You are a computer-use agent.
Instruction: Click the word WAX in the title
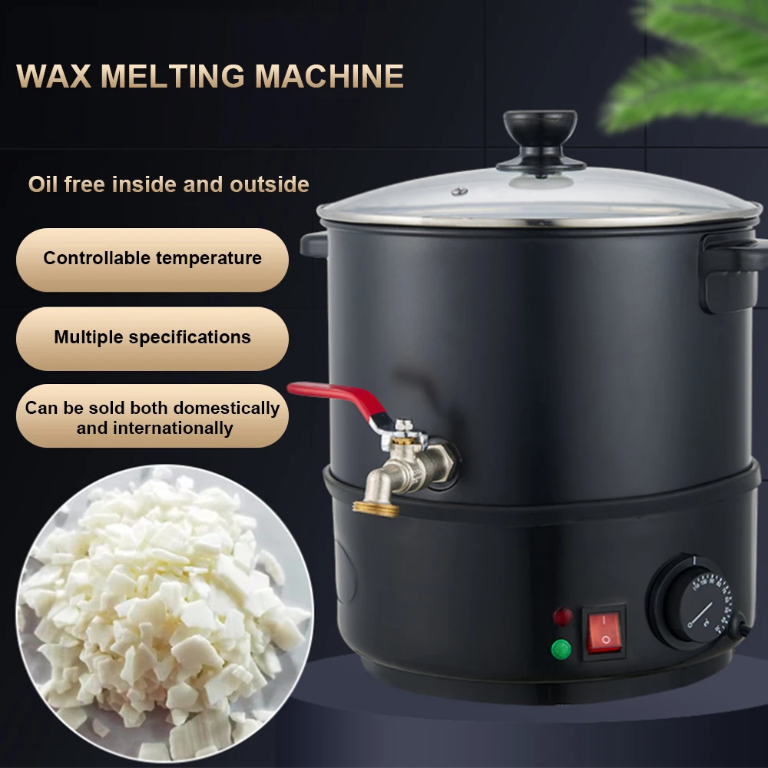[x=52, y=76]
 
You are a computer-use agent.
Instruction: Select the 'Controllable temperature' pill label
[x=152, y=259]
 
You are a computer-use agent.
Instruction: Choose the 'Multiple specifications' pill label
[x=152, y=337]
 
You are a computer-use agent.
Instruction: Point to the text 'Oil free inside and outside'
[x=169, y=184]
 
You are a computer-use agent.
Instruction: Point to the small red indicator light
[x=563, y=617]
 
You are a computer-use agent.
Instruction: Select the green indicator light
[x=561, y=650]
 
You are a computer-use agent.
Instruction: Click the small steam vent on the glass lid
[x=459, y=191]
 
